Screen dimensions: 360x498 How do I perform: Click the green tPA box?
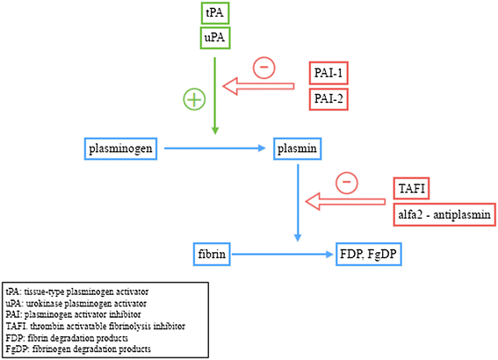coord(214,14)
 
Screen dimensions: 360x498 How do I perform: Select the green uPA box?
coord(214,38)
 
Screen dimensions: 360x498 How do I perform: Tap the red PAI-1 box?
coord(329,73)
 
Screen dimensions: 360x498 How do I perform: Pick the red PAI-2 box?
coord(329,97)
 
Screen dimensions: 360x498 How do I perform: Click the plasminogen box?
coord(122,148)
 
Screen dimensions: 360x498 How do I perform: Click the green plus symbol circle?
coord(195,99)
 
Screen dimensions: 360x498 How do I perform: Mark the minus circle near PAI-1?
coord(263,66)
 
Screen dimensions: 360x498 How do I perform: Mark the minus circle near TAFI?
coord(347,182)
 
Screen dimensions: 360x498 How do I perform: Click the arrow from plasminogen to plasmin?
coord(214,148)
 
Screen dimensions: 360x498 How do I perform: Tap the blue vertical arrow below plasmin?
coord(300,202)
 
